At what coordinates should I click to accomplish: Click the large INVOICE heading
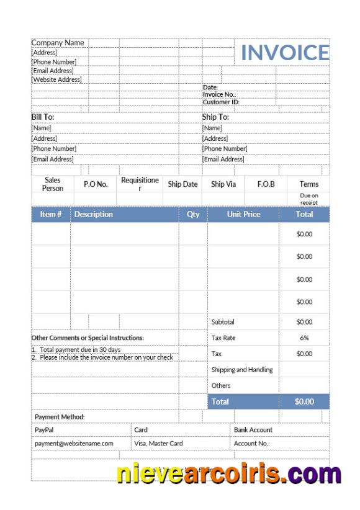[x=284, y=53]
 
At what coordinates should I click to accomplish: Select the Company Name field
[x=58, y=43]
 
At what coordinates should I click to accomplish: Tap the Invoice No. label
[x=219, y=94]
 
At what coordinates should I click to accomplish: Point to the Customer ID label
[x=221, y=102]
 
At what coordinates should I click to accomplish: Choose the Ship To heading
[x=215, y=117]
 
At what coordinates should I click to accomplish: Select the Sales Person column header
[x=53, y=184]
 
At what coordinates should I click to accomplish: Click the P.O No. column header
[x=96, y=184]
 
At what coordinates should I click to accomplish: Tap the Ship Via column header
[x=223, y=184]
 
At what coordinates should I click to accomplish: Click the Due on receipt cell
[x=308, y=199]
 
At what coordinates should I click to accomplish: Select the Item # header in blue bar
[x=51, y=214]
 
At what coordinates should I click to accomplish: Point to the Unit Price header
[x=243, y=214]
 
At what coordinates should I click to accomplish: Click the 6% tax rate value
[x=304, y=338]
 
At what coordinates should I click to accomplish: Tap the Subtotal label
[x=223, y=322]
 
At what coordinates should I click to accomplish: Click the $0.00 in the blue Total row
[x=304, y=401]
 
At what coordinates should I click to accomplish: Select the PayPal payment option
[x=44, y=429]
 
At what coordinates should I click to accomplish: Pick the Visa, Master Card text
[x=158, y=444]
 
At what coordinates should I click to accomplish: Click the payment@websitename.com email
[x=74, y=444]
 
